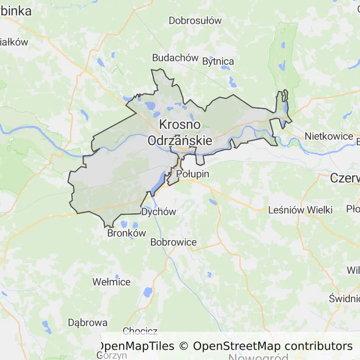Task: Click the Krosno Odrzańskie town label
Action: pyautogui.click(x=180, y=133)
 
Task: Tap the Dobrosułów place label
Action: pyautogui.click(x=195, y=21)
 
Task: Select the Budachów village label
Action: pyautogui.click(x=175, y=58)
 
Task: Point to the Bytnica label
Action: pyautogui.click(x=218, y=61)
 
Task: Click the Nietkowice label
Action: pyautogui.click(x=329, y=136)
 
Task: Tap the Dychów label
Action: pyautogui.click(x=158, y=212)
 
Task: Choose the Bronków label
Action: pyautogui.click(x=127, y=233)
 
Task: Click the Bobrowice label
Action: pyautogui.click(x=173, y=242)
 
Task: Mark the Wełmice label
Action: pyautogui.click(x=112, y=282)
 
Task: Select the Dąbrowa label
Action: pyautogui.click(x=88, y=323)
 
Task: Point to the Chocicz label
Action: pyautogui.click(x=140, y=331)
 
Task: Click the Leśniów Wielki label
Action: pyautogui.click(x=300, y=210)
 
